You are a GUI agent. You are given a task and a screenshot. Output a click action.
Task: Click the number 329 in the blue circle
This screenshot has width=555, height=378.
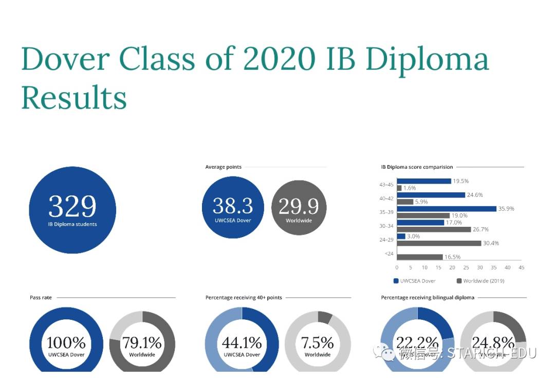click(72, 206)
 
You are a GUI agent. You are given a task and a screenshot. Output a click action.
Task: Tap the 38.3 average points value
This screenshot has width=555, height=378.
click(233, 206)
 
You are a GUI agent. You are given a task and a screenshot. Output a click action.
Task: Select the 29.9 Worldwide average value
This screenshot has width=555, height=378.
click(299, 206)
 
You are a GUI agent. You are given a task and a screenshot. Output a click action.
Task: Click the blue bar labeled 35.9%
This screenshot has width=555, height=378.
click(447, 209)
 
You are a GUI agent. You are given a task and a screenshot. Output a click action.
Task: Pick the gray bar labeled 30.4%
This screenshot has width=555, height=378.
click(439, 243)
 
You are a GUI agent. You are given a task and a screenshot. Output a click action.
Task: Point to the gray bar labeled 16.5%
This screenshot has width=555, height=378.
click(419, 257)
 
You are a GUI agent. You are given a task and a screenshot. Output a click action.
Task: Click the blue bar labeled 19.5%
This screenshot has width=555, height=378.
click(424, 181)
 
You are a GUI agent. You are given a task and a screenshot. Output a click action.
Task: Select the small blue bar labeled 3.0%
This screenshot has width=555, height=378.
click(401, 236)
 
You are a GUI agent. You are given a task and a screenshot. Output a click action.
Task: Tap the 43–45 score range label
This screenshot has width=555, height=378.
click(386, 185)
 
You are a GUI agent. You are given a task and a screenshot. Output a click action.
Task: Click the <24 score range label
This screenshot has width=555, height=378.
click(389, 254)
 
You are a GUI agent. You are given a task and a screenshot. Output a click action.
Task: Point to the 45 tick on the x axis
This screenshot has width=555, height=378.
click(521, 267)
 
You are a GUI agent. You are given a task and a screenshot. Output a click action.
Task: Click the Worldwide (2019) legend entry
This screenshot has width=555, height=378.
click(480, 281)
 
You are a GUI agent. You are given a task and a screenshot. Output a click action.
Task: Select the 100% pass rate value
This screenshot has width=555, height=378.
click(66, 343)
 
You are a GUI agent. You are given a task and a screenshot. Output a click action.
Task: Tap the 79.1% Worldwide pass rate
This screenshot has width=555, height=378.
click(142, 343)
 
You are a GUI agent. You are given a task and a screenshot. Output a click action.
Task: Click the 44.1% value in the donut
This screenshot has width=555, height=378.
click(242, 343)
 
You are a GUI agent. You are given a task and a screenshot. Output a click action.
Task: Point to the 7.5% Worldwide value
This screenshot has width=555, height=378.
click(317, 343)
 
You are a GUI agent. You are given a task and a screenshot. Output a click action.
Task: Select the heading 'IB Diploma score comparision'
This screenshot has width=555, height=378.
click(417, 167)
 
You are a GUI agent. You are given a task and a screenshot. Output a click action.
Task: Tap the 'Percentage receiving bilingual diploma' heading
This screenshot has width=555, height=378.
click(428, 298)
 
